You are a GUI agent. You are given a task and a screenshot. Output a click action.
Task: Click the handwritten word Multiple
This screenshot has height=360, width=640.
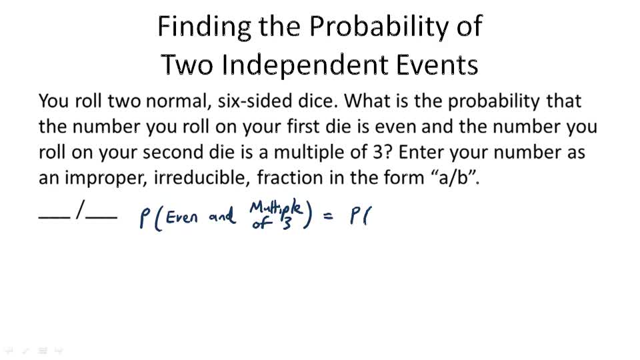pos(277,208)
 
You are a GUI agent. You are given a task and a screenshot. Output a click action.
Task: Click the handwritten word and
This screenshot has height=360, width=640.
pos(221,218)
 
